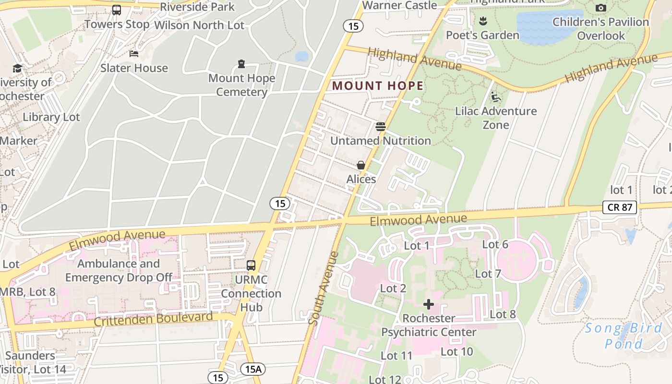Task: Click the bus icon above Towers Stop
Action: click(x=117, y=10)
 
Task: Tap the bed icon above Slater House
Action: click(x=134, y=53)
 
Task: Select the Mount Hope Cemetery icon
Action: click(x=241, y=64)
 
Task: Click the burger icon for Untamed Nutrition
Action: click(x=381, y=127)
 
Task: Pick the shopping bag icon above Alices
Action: click(x=361, y=165)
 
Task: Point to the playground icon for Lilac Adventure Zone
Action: click(x=496, y=97)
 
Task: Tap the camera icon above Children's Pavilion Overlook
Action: click(x=600, y=8)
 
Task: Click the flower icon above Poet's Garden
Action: click(x=482, y=21)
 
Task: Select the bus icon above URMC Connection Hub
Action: click(x=251, y=265)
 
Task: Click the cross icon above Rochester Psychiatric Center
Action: click(x=429, y=304)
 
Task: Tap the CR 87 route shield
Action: click(x=620, y=207)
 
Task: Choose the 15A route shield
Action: click(x=252, y=369)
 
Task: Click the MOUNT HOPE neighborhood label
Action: click(x=378, y=86)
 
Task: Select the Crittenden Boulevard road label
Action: click(x=153, y=319)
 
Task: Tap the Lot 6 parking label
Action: click(x=495, y=244)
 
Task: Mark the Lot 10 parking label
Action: click(x=456, y=351)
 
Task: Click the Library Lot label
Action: click(x=51, y=117)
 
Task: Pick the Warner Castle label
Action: click(x=399, y=5)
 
